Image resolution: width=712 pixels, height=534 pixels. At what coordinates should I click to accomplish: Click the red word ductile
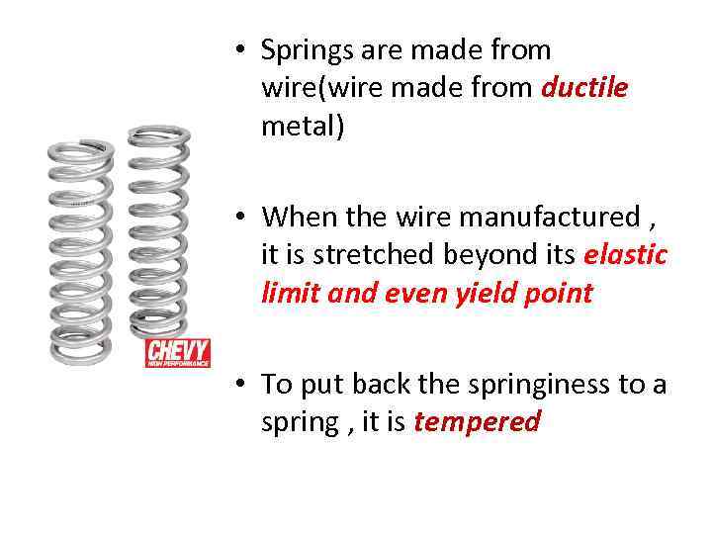(584, 88)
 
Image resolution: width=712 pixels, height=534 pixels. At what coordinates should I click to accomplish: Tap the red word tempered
(477, 422)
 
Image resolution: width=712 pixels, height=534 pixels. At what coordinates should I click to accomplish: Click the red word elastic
(626, 254)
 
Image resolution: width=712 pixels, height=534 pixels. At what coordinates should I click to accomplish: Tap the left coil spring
(82, 252)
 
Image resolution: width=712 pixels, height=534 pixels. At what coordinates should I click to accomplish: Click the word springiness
(539, 384)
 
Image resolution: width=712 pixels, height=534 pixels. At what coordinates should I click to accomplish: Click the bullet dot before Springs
(240, 49)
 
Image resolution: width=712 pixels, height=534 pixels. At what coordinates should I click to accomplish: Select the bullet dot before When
(240, 216)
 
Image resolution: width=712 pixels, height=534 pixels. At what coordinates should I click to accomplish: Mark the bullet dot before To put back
(240, 384)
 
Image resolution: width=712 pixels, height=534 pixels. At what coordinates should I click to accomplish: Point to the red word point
(559, 293)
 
